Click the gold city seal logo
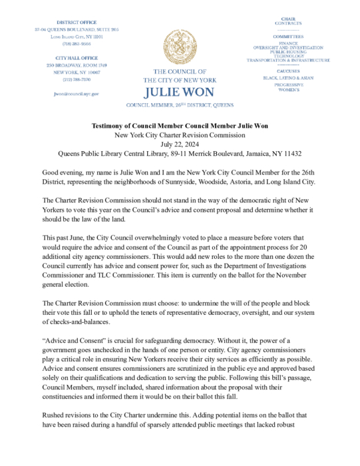coord(180,46)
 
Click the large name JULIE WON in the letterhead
coord(180,92)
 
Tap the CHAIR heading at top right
coord(288,19)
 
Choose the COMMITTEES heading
coord(288,37)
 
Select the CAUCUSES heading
coord(288,71)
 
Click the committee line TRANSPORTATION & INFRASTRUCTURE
coord(288,60)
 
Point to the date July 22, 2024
coord(180,143)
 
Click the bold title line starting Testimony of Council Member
coord(180,126)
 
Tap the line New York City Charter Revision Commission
coord(180,134)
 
